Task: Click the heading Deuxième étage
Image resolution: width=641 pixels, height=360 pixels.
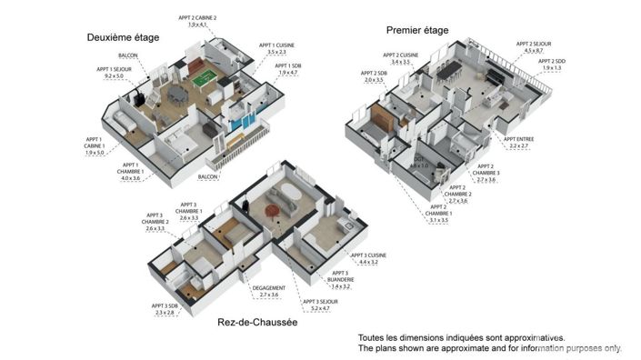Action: pos(123,37)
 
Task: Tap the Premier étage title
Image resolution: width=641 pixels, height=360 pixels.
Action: pos(417,30)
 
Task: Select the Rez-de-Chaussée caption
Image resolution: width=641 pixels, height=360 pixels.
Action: pos(258,322)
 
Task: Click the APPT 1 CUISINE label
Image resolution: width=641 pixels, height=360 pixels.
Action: pos(277,48)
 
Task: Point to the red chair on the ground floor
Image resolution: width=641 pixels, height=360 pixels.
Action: pos(272,212)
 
